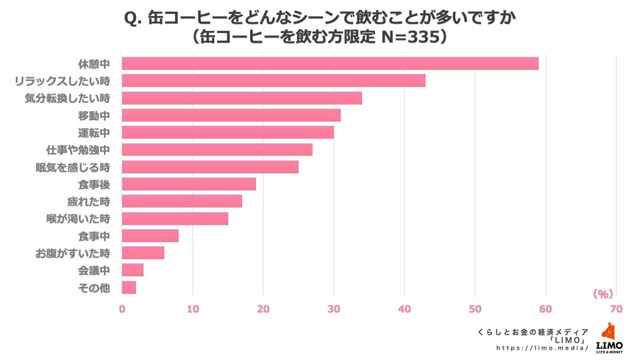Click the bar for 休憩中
click(x=330, y=63)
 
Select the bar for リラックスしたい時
click(x=273, y=81)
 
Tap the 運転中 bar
click(x=227, y=133)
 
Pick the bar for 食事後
click(x=188, y=184)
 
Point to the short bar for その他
click(x=129, y=287)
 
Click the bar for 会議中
click(x=132, y=270)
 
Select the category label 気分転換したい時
click(x=67, y=98)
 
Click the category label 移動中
click(x=93, y=116)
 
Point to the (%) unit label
click(x=602, y=294)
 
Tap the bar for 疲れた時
click(x=182, y=201)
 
